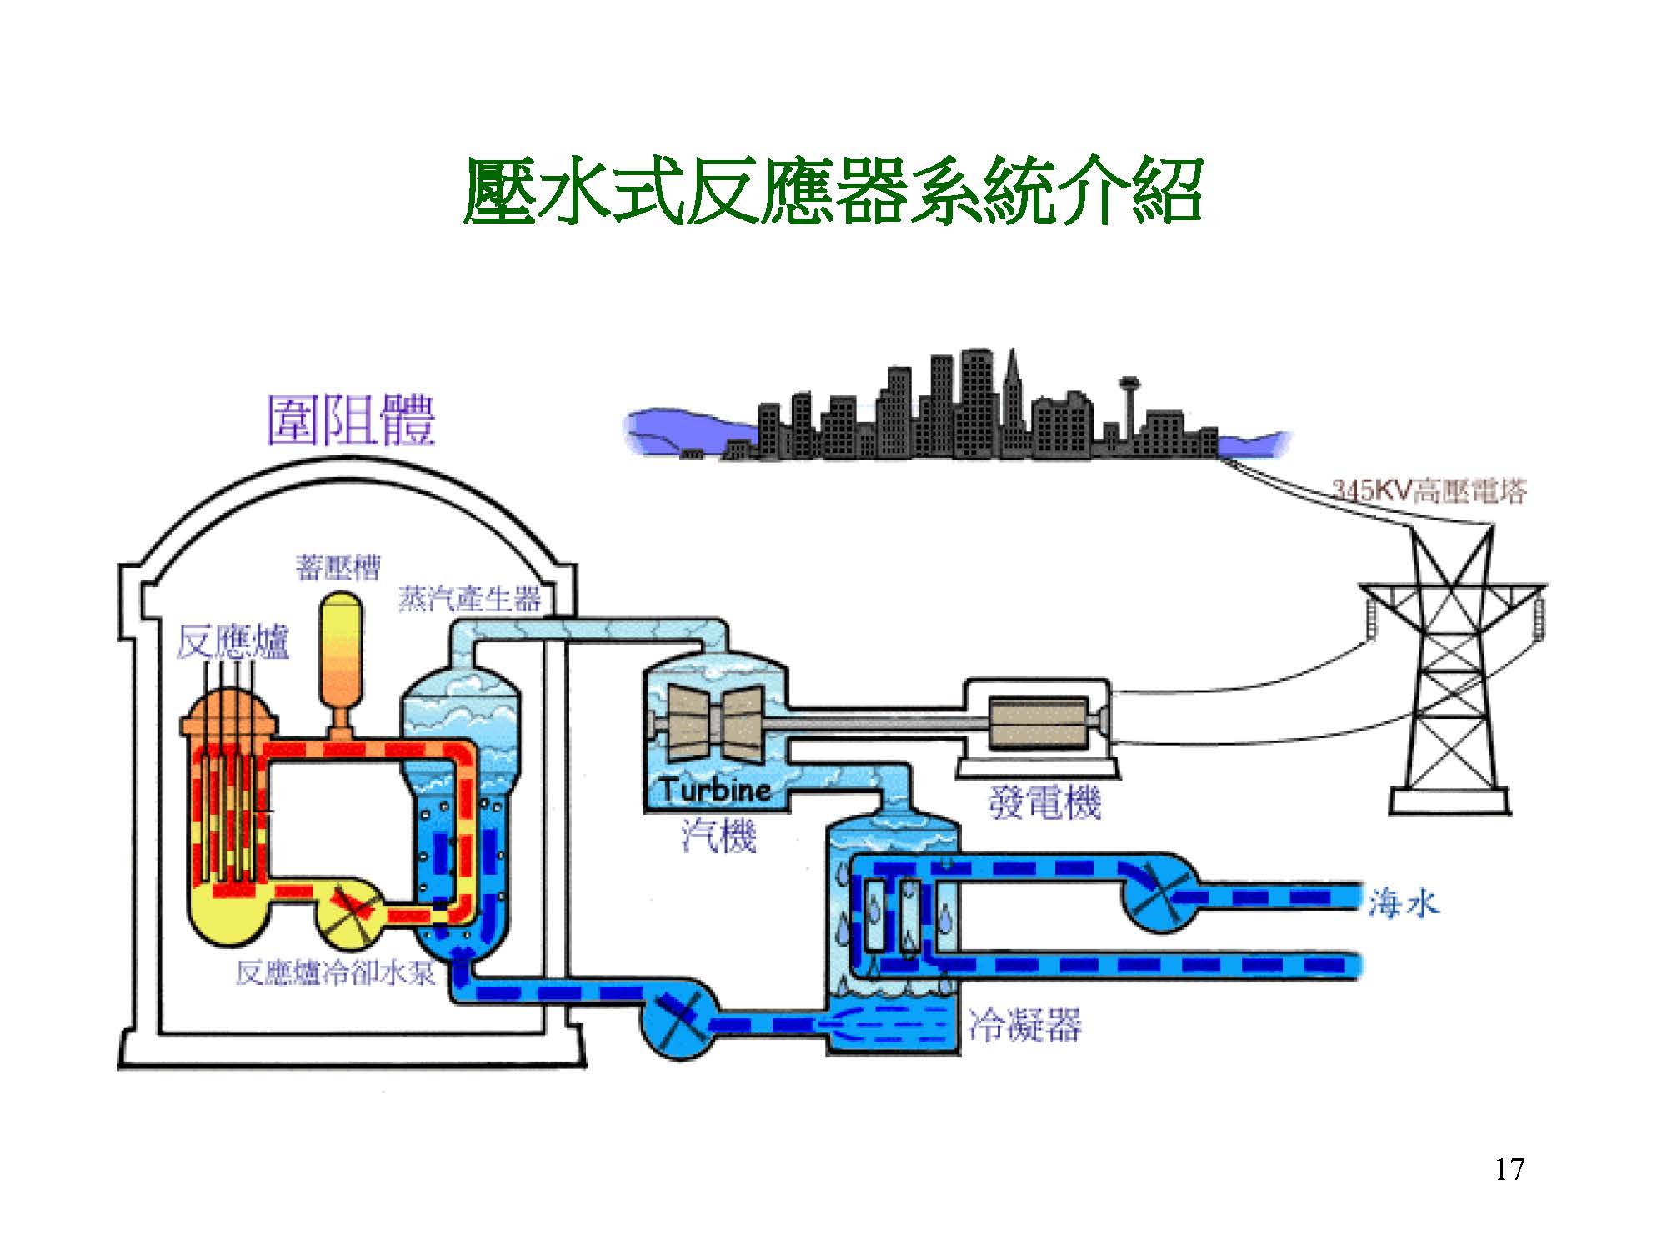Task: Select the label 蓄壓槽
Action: (x=338, y=568)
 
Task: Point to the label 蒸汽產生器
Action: (x=469, y=599)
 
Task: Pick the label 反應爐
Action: (x=233, y=642)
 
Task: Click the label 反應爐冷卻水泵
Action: (x=335, y=972)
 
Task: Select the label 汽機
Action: (x=718, y=836)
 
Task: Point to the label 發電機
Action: (x=1044, y=802)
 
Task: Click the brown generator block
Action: (x=1038, y=721)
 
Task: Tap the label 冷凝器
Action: (x=1024, y=1024)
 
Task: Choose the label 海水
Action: (x=1403, y=903)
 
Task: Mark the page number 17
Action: (x=1509, y=1169)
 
